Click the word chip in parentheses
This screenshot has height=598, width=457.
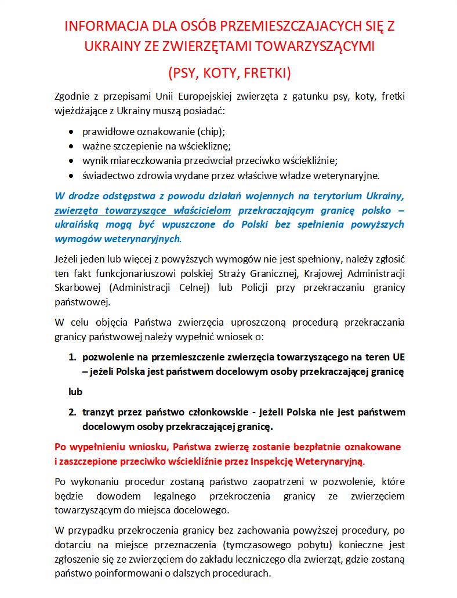click(212, 131)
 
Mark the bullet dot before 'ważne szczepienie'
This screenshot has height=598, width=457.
click(71, 146)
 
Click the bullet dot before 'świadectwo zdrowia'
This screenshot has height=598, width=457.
click(71, 176)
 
